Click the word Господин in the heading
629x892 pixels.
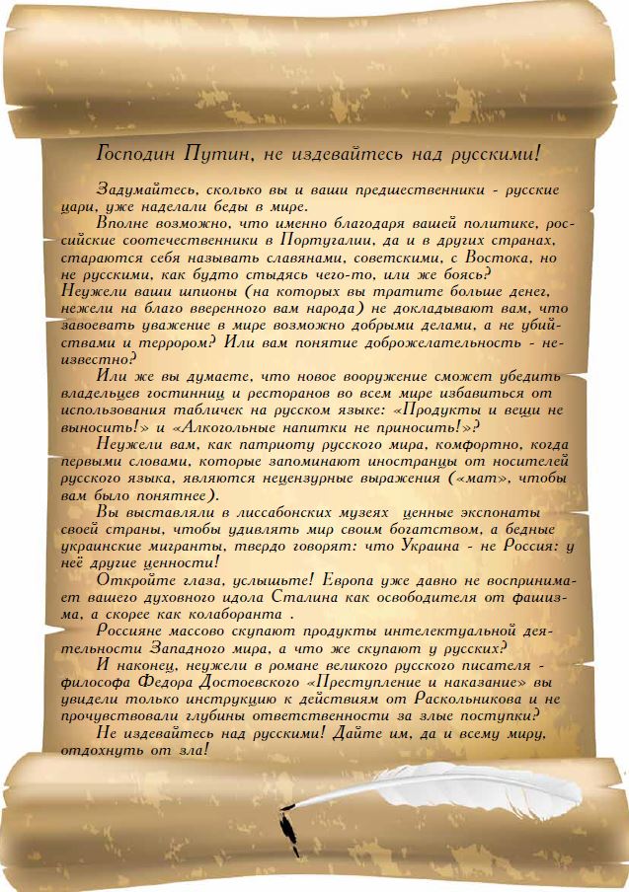coord(139,154)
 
